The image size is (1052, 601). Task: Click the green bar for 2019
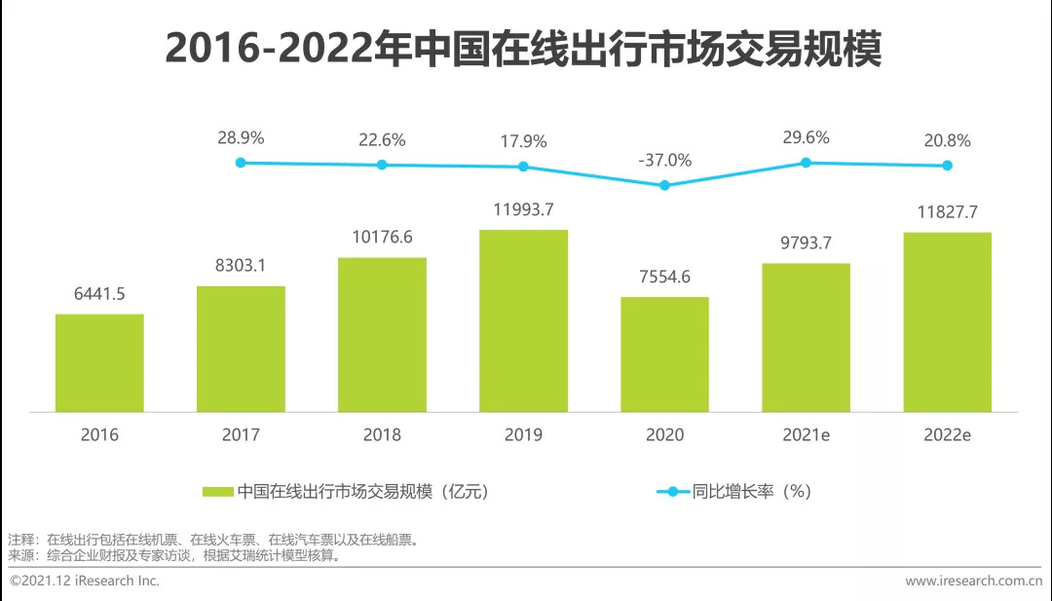[x=523, y=320]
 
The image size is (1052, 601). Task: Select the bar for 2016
[x=99, y=362]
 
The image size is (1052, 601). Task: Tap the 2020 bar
[x=664, y=354]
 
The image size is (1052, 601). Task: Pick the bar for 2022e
[x=947, y=321]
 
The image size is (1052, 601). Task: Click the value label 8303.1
[x=241, y=265]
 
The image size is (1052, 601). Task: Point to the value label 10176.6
[x=382, y=237]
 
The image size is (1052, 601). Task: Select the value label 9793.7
[x=806, y=243]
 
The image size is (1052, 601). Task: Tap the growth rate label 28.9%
[x=241, y=138]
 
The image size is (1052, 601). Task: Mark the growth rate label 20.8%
[x=947, y=141]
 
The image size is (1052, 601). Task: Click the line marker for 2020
[x=664, y=185]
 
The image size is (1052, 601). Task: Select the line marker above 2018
[x=382, y=165]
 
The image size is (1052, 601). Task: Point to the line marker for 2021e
[x=806, y=163]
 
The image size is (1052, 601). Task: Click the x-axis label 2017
[x=241, y=435]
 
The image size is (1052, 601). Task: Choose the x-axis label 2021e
[x=806, y=435]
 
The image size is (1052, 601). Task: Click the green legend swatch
[x=217, y=492]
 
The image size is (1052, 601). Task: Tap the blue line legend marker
[x=673, y=492]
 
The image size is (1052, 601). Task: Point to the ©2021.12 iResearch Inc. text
[x=84, y=581]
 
